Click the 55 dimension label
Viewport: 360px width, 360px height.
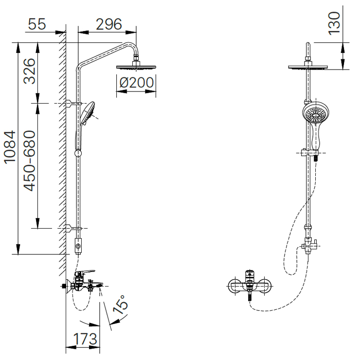pyautogui.click(x=37, y=24)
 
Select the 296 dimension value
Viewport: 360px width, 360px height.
pyautogui.click(x=109, y=24)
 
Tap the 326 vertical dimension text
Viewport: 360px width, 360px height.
pyautogui.click(x=30, y=71)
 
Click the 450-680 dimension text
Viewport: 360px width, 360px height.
pyautogui.click(x=30, y=161)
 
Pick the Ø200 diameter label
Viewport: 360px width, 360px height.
pyautogui.click(x=136, y=82)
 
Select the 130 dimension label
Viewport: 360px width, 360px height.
pyautogui.click(x=334, y=24)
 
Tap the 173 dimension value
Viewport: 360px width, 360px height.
pyautogui.click(x=85, y=339)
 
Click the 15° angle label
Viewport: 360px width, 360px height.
pyautogui.click(x=120, y=305)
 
